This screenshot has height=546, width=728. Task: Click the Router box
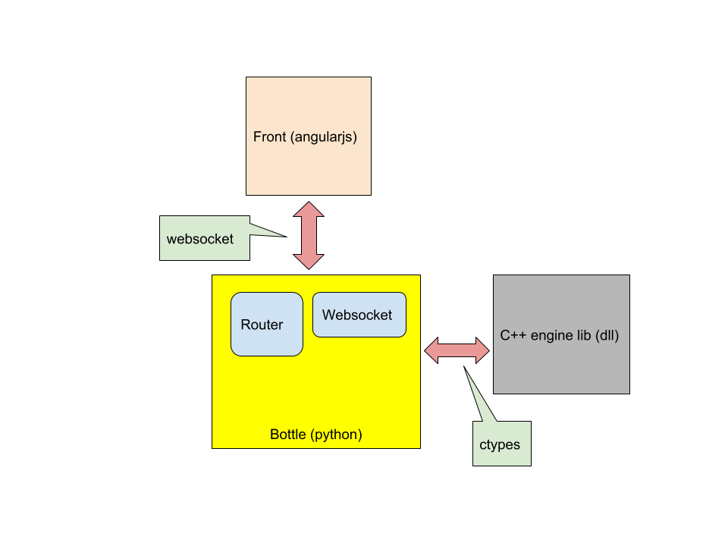(266, 325)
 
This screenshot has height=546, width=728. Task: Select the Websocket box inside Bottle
(359, 315)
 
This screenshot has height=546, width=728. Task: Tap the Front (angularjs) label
(305, 137)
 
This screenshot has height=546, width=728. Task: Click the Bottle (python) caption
(315, 435)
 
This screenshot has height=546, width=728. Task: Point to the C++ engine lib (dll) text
(560, 335)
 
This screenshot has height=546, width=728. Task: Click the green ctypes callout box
(501, 444)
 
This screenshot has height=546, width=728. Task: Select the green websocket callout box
(204, 238)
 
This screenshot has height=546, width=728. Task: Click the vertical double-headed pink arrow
(309, 235)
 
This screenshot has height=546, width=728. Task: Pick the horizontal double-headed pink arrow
(457, 350)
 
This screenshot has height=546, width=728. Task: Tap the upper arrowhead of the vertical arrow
(309, 210)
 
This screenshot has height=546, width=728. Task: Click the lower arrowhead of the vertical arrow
(309, 260)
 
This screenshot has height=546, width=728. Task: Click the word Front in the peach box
(269, 137)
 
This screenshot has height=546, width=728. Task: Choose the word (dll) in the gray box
(607, 335)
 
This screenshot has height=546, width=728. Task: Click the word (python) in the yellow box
(336, 435)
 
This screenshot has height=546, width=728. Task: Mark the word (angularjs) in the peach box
(324, 137)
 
